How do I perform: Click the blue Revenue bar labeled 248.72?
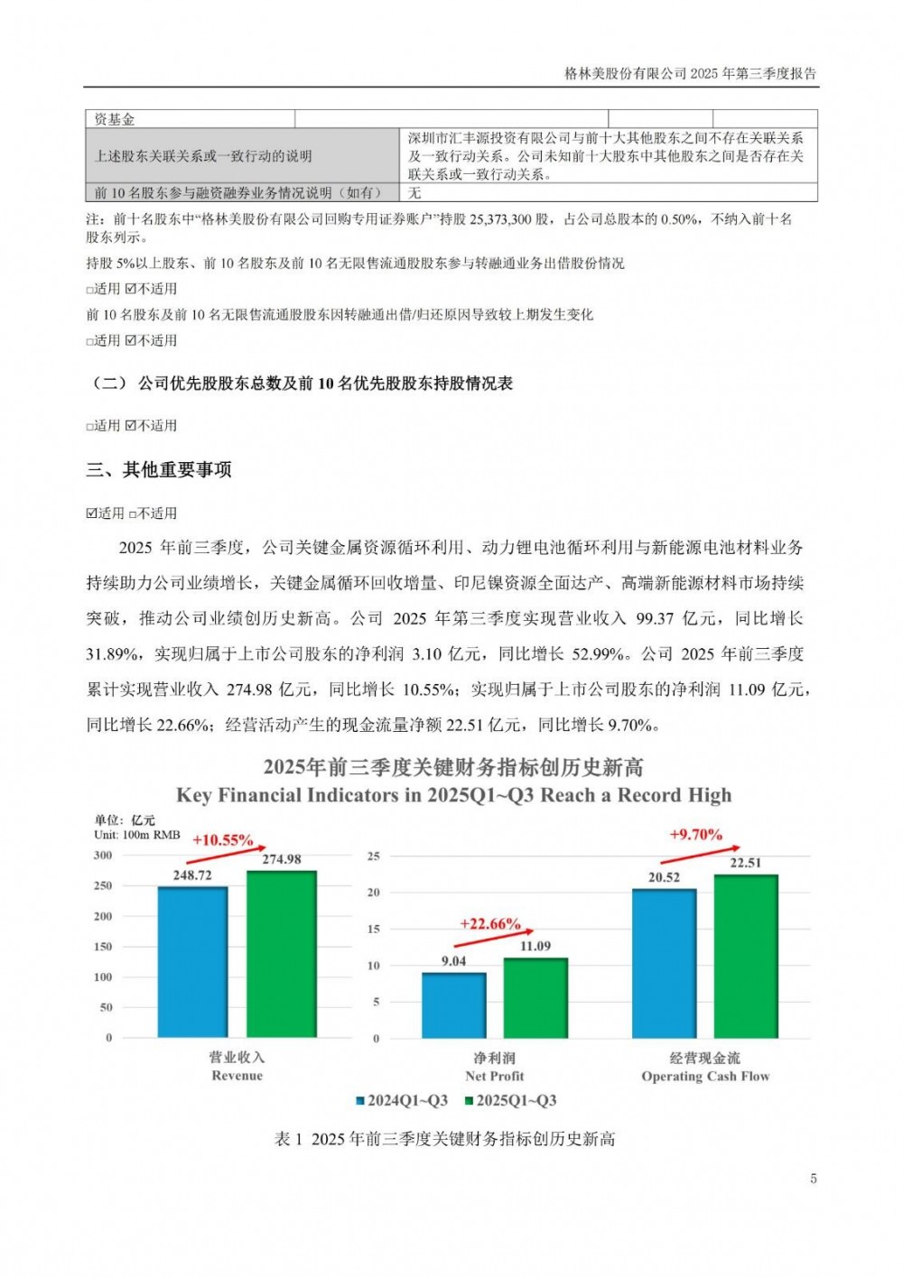[192, 962]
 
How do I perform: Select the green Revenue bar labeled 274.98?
[281, 954]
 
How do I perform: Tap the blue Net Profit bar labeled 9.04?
[453, 1004]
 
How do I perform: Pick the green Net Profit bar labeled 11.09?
[535, 997]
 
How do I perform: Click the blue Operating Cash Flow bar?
[664, 963]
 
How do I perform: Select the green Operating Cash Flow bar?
[745, 956]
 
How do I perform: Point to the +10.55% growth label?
[222, 840]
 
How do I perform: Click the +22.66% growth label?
[489, 924]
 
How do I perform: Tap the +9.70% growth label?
[695, 835]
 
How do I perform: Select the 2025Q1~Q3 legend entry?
[510, 1101]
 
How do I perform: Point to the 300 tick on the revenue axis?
[103, 856]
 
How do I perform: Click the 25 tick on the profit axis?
[373, 856]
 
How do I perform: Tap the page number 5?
[814, 1179]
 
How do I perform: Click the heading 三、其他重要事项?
[159, 470]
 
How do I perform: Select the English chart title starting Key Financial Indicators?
[453, 796]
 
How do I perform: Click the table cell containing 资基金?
[115, 119]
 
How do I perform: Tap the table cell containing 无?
[414, 193]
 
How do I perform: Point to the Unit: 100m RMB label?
[137, 835]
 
